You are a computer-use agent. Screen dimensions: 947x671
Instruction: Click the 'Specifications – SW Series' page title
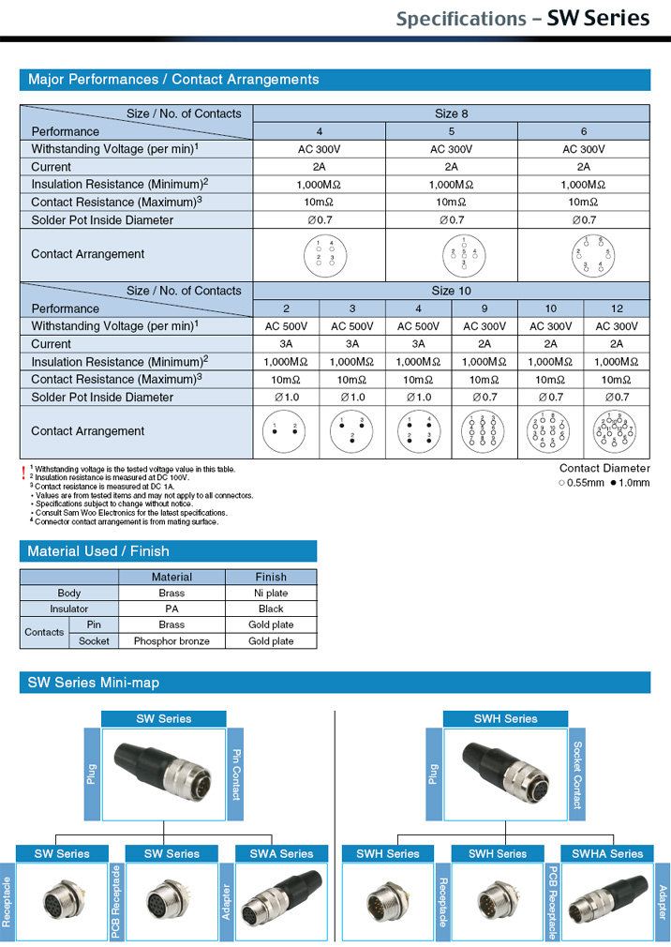point(522,19)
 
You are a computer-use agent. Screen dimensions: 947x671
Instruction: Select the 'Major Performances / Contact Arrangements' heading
point(173,80)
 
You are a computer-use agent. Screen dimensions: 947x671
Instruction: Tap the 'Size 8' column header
point(452,113)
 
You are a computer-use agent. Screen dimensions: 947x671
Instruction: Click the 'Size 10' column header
point(452,291)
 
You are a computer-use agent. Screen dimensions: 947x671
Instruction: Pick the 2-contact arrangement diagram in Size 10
point(286,431)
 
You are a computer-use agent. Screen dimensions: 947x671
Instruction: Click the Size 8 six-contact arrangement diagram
point(584,254)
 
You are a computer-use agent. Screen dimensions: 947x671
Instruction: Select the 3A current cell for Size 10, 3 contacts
point(351,344)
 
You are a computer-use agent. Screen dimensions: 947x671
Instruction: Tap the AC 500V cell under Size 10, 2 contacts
point(286,326)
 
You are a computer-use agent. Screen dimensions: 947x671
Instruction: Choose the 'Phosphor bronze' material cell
point(171,641)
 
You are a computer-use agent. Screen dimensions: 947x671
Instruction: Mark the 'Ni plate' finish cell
point(271,594)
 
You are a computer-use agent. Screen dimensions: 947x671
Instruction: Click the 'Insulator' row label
point(69,609)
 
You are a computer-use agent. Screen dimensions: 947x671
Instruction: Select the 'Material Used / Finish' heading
point(98,551)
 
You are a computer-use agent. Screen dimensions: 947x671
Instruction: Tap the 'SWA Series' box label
point(281,853)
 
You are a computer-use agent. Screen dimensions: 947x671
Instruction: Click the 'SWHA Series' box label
point(607,853)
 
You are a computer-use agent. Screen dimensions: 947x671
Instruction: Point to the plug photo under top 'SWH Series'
point(505,771)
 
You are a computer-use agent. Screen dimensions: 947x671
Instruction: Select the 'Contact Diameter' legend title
point(604,468)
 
